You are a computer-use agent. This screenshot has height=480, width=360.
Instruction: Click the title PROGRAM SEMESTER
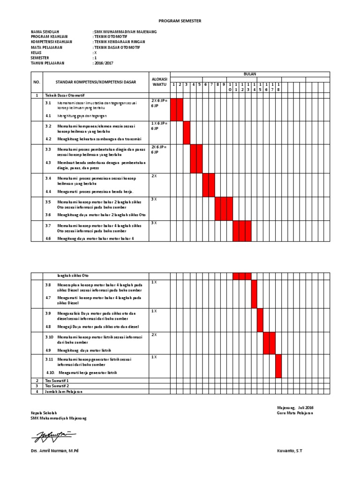180,21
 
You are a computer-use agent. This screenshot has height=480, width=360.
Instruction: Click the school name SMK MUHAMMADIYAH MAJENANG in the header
125,31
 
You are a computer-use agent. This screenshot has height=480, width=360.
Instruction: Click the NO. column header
37,82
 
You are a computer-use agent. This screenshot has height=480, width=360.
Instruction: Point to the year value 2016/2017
104,62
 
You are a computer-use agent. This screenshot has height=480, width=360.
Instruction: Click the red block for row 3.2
187,133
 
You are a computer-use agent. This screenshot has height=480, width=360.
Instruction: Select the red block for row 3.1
177,109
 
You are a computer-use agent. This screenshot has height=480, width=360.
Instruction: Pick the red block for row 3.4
209,185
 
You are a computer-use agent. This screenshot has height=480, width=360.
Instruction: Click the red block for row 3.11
278,366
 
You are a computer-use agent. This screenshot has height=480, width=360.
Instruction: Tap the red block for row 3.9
260,320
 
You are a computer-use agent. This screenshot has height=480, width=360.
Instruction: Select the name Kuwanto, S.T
290,450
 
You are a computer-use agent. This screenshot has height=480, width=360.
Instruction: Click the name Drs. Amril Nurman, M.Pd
54,450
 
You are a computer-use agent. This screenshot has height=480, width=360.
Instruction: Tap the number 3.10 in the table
50,337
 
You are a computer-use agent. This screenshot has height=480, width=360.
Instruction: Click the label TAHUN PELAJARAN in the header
48,62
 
